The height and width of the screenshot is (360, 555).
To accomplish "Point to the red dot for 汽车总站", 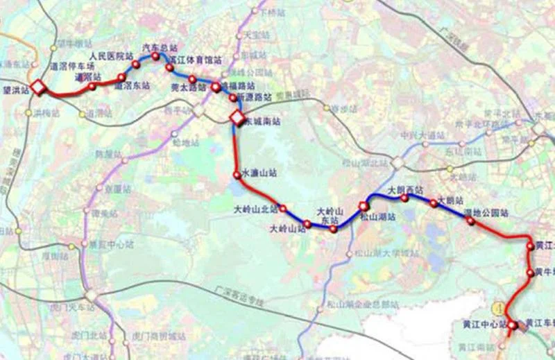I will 155,56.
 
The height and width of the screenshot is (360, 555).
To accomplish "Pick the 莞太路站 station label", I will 188,88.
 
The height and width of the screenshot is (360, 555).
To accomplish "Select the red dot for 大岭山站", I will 307,224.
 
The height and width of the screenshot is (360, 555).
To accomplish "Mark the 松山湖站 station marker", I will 363,206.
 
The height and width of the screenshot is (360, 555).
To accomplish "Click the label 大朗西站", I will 405,189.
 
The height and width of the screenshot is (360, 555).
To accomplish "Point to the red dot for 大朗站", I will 434,203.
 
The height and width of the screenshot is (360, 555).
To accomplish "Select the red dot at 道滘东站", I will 121,77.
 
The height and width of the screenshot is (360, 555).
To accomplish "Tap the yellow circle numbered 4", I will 497,306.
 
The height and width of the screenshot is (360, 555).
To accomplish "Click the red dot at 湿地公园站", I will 470,221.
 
